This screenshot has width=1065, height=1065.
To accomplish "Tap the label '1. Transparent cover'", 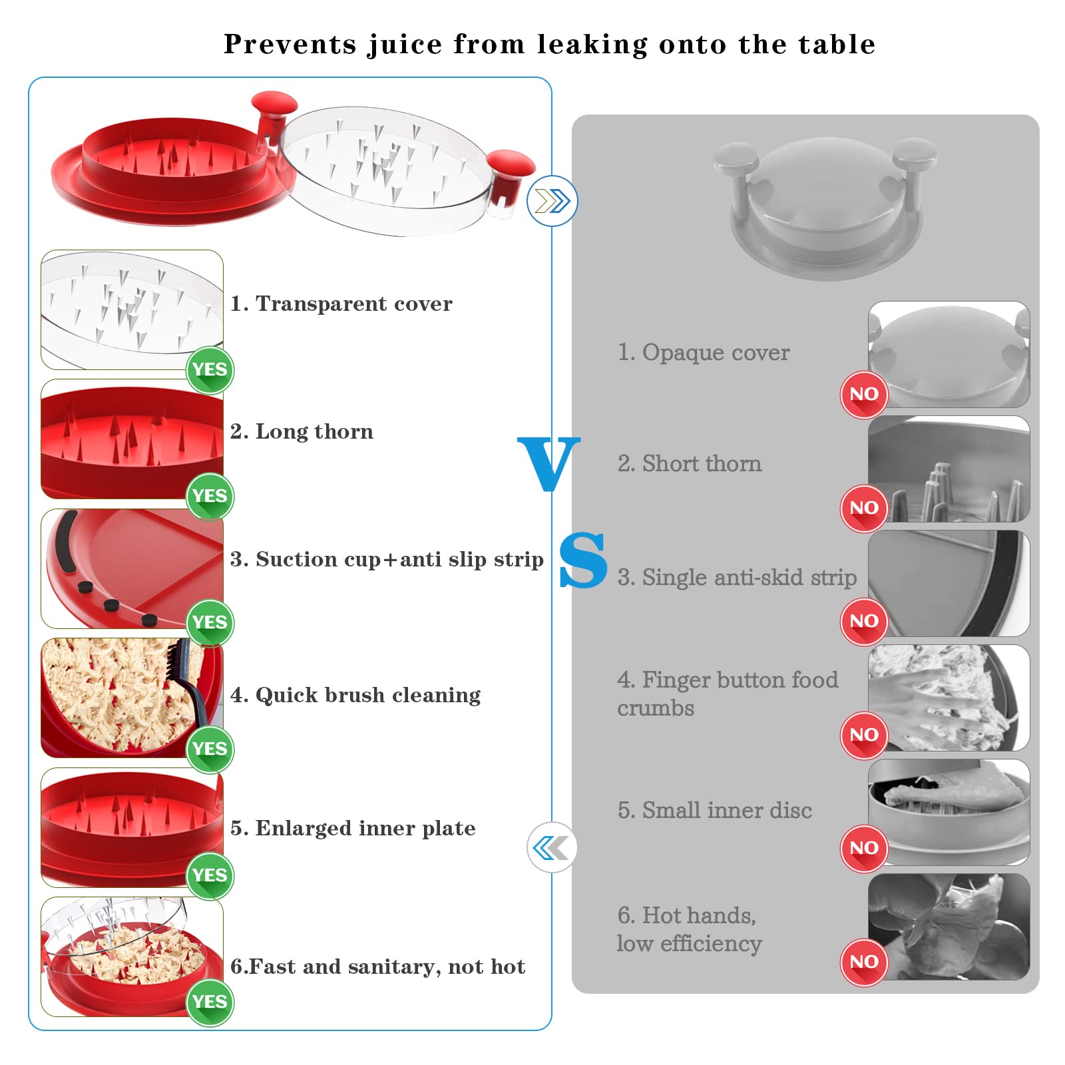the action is (x=341, y=304).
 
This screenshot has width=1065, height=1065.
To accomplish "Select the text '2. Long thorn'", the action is (x=302, y=431).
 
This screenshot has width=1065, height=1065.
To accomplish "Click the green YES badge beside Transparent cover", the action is (x=210, y=370).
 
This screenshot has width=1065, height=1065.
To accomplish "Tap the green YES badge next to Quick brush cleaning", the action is (x=210, y=749).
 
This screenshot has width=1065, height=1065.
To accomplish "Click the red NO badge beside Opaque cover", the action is (x=864, y=395).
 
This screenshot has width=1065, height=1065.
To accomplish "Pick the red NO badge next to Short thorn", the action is (x=864, y=509).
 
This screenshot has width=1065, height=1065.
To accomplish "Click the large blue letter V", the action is (x=549, y=464).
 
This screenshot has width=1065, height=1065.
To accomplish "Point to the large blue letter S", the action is (x=583, y=560).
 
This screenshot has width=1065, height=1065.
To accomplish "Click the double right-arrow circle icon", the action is (x=552, y=201).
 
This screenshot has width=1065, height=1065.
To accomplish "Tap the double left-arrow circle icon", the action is (x=552, y=848).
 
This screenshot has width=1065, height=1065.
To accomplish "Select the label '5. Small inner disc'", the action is (x=715, y=810).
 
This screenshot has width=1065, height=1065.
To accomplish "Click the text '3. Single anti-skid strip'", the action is (x=737, y=577).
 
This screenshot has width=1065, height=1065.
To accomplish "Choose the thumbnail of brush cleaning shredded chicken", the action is (x=132, y=698).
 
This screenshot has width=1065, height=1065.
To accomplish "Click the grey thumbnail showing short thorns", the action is (x=949, y=469).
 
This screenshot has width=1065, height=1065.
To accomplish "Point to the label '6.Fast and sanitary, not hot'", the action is (x=377, y=966).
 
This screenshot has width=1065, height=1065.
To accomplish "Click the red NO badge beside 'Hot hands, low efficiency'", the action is (x=864, y=962).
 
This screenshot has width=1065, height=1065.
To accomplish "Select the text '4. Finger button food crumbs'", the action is (x=728, y=694).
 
